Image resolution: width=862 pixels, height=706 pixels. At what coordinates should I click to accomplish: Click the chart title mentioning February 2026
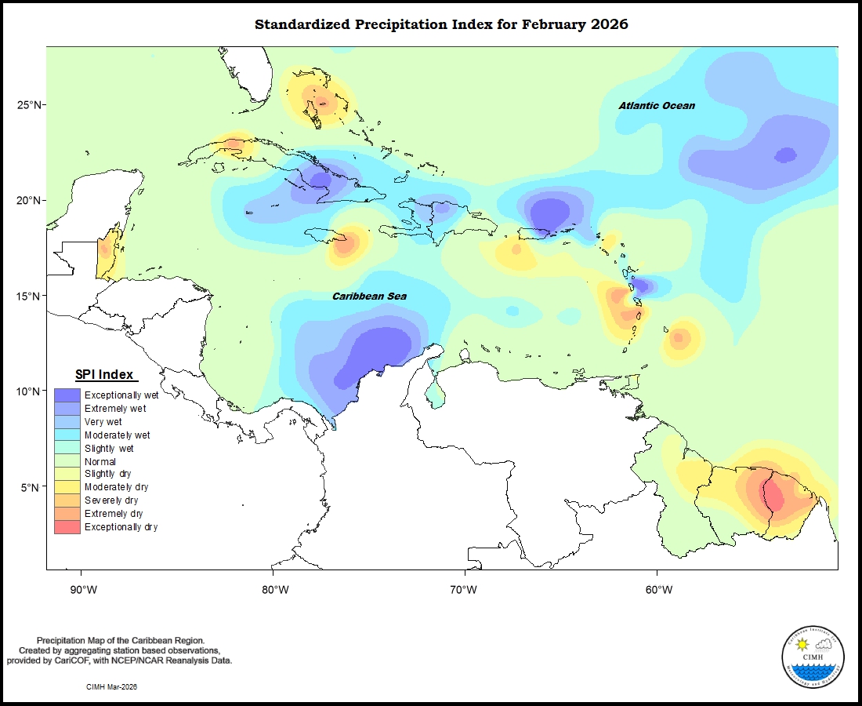pyautogui.click(x=441, y=24)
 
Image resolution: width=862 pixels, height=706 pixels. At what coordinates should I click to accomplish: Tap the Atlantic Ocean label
pyautogui.click(x=656, y=105)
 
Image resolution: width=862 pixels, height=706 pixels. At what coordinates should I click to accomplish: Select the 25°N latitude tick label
pyautogui.click(x=32, y=105)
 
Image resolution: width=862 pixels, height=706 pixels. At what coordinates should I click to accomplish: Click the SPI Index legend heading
pyautogui.click(x=104, y=375)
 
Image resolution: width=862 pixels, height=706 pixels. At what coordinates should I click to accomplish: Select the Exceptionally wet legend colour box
pyautogui.click(x=67, y=395)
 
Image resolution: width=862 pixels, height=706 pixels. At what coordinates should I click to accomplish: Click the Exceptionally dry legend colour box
pyautogui.click(x=67, y=527)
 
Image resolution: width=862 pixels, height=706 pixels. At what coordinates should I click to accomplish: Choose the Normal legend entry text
pyautogui.click(x=100, y=461)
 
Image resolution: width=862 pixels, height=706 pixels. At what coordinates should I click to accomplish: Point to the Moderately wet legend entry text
pyautogui.click(x=118, y=435)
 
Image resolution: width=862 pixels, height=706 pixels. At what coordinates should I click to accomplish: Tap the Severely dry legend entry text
pyautogui.click(x=111, y=500)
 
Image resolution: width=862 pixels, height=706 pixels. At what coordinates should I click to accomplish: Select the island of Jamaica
pyautogui.click(x=329, y=235)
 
